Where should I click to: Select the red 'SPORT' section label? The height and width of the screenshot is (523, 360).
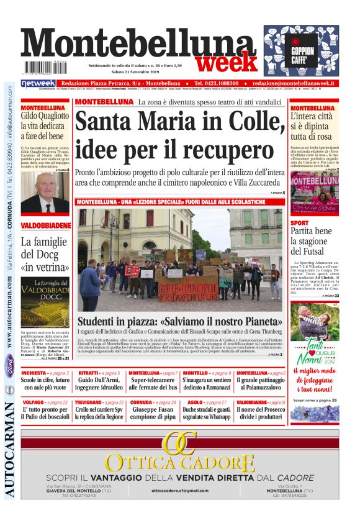click(x=299, y=222)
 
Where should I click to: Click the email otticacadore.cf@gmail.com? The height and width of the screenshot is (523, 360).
click(x=179, y=490)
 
